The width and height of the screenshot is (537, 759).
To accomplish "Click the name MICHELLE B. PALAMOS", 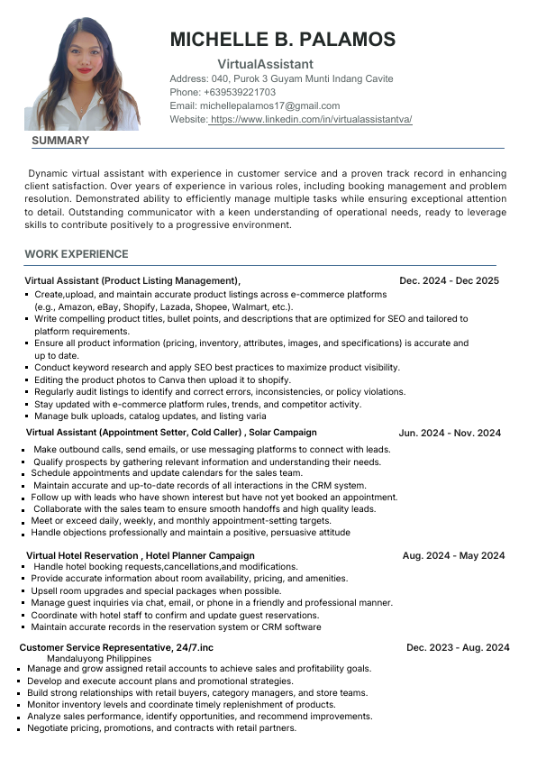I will [x=282, y=40].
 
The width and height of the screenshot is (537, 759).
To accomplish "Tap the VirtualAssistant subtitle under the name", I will [x=265, y=64].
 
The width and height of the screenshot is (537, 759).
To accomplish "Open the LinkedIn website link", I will [x=311, y=119].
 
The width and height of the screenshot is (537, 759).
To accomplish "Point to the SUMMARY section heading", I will [x=60, y=141].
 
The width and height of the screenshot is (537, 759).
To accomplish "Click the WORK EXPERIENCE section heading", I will [x=77, y=254].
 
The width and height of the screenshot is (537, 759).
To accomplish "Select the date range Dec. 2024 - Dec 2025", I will [x=449, y=281].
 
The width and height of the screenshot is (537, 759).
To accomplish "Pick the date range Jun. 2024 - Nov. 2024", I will [x=450, y=434].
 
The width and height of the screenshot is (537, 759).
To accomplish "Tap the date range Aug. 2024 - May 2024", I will [x=453, y=555].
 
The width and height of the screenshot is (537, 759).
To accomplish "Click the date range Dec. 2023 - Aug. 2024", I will [x=458, y=647].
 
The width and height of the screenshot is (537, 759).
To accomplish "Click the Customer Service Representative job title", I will [x=94, y=647].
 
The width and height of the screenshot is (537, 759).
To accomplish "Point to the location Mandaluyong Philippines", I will [x=99, y=658].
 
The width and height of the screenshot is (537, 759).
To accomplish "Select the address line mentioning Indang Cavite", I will [x=281, y=78].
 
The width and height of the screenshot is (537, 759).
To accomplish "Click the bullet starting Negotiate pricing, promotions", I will [x=161, y=728].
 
